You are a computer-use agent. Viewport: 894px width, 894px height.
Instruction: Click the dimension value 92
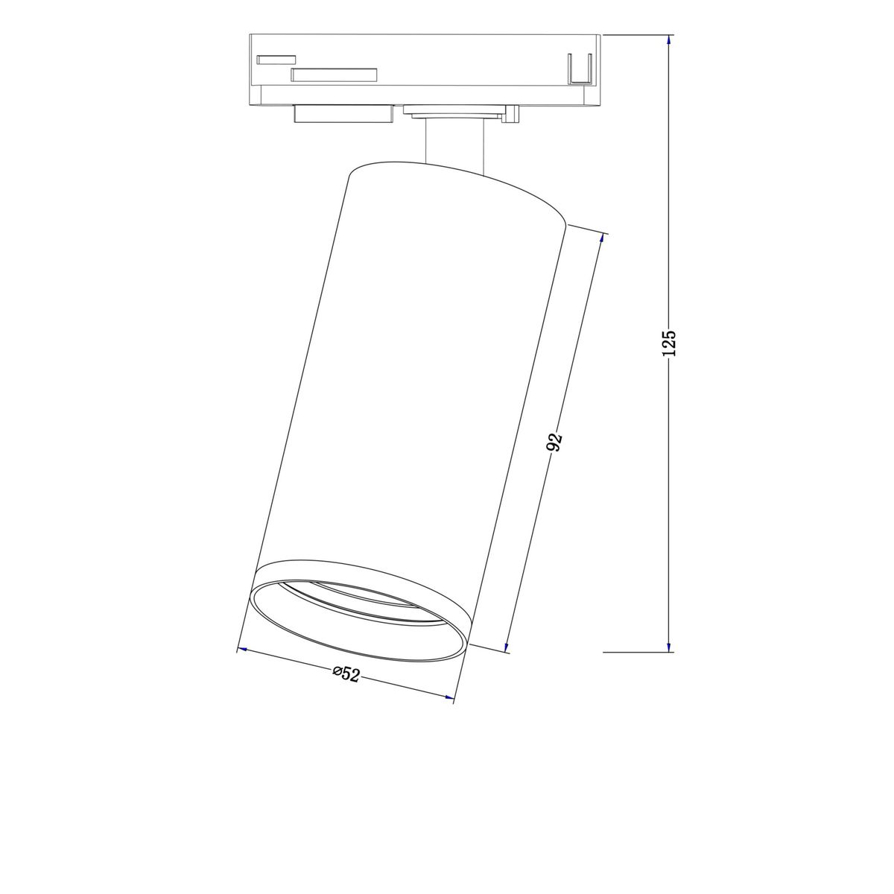click(554, 443)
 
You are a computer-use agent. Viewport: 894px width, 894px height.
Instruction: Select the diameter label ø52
click(346, 674)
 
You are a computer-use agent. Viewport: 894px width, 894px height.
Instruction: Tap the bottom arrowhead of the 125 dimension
click(669, 647)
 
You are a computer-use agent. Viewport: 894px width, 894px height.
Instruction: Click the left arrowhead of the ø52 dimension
click(241, 651)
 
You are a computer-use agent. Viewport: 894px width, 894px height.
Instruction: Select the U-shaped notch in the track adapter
click(579, 70)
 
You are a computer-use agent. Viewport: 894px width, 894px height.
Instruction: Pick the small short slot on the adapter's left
click(276, 59)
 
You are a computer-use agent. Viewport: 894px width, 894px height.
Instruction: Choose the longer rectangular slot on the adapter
click(335, 74)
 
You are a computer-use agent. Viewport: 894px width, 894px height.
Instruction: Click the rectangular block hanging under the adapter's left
click(343, 114)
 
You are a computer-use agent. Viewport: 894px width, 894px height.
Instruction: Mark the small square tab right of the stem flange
click(511, 113)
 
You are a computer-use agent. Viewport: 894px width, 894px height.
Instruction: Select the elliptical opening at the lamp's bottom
click(361, 609)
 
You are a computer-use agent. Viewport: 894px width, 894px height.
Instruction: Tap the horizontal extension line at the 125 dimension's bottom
click(633, 652)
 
